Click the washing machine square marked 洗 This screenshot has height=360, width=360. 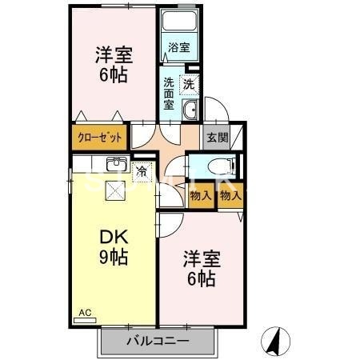tap(189, 84)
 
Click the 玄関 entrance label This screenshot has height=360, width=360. tap(217, 138)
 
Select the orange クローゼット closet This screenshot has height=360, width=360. tap(100, 138)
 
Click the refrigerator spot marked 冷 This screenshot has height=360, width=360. tap(142, 170)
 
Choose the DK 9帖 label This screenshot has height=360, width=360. tap(114, 248)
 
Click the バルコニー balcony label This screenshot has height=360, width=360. tap(158, 342)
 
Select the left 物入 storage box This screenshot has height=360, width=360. tap(201, 195)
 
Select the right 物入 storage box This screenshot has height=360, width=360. tap(230, 195)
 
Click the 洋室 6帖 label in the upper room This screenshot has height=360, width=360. tap(114, 65)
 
